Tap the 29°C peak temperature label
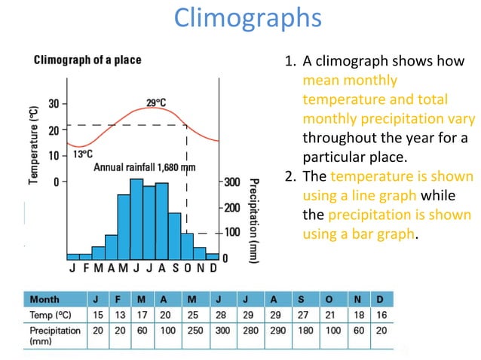(x=157, y=102)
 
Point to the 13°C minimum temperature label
(x=84, y=154)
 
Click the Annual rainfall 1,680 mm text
(x=144, y=167)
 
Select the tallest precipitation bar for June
(x=136, y=218)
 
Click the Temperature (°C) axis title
(x=34, y=145)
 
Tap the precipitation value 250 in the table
(x=191, y=330)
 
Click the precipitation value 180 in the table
(x=301, y=330)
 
